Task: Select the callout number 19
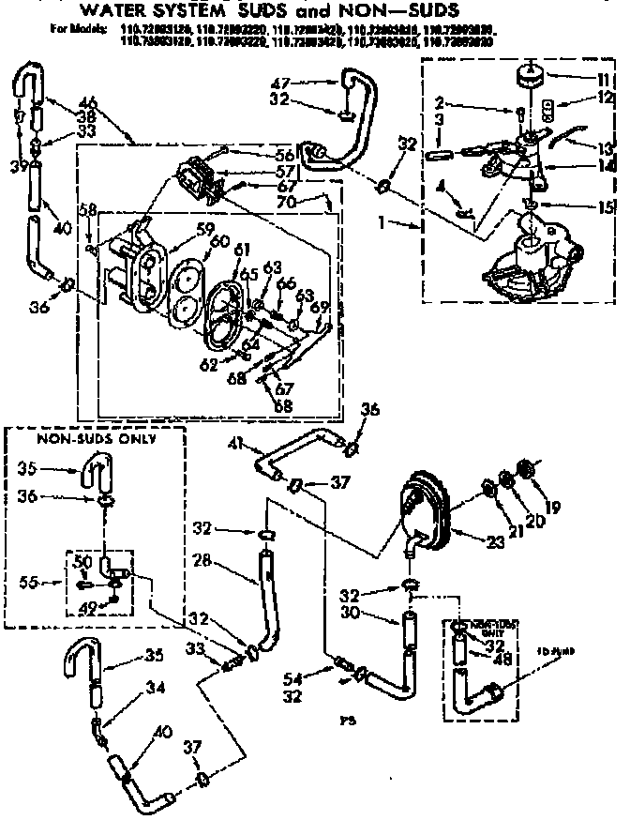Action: click(x=552, y=508)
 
